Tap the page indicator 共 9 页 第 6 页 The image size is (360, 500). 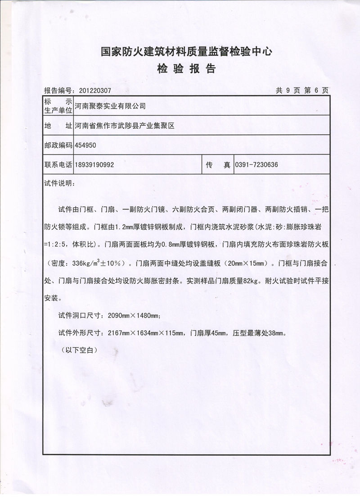[302, 90]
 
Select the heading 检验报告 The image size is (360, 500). [186, 69]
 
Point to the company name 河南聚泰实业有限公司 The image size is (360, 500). [110, 106]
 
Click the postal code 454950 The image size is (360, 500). [85, 145]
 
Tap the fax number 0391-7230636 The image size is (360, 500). [256, 165]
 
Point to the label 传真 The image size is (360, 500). [218, 165]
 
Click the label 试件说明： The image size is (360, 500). [57, 184]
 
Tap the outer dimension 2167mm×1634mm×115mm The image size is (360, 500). [145, 333]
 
